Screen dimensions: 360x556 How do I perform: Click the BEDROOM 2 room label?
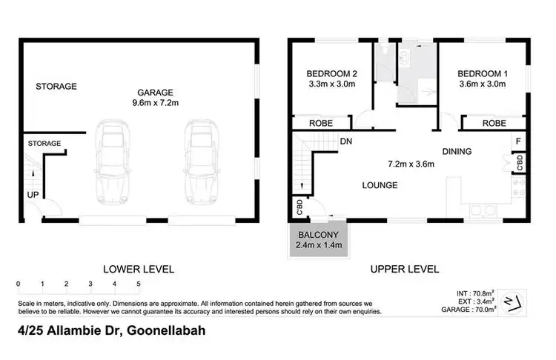click(331, 73)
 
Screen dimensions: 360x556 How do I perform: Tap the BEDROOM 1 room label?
click(481, 73)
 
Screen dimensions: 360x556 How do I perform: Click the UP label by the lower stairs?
click(33, 195)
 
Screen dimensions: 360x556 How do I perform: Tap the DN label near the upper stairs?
click(345, 141)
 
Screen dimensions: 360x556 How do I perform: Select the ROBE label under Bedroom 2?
click(320, 124)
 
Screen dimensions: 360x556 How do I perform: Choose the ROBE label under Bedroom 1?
click(494, 124)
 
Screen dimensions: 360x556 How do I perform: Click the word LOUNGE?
click(380, 185)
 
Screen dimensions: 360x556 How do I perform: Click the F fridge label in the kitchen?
click(519, 141)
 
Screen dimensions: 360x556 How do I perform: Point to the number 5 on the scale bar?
click(138, 284)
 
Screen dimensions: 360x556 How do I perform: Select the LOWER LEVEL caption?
click(138, 269)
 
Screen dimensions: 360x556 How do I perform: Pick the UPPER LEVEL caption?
click(405, 269)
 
